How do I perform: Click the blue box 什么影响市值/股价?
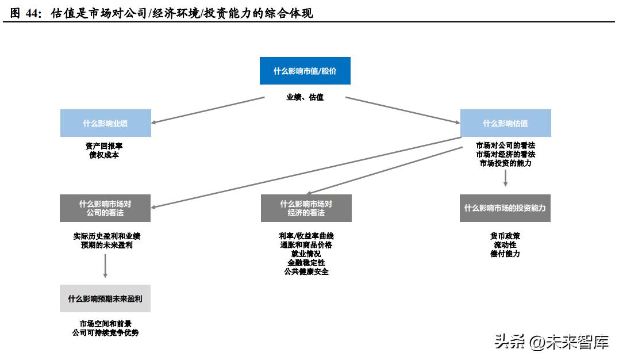[305, 71]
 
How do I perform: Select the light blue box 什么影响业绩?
[106, 123]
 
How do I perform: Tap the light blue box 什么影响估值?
[505, 123]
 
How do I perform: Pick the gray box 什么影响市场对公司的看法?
[105, 208]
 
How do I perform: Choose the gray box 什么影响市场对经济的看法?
[306, 208]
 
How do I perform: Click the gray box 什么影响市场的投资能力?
[505, 208]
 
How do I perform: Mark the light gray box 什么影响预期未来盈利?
[105, 298]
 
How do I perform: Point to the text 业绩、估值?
[305, 97]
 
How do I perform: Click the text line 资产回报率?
[105, 146]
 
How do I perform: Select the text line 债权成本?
[105, 155]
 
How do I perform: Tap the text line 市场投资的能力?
[506, 163]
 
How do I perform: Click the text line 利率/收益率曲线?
[306, 236]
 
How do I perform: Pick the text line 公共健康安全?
[306, 271]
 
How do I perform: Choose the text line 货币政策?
[505, 236]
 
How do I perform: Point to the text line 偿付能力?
[505, 254]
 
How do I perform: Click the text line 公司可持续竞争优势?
[105, 333]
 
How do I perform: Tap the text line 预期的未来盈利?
[105, 245]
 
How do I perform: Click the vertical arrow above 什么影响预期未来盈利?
[105, 267]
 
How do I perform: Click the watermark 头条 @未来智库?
[551, 343]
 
